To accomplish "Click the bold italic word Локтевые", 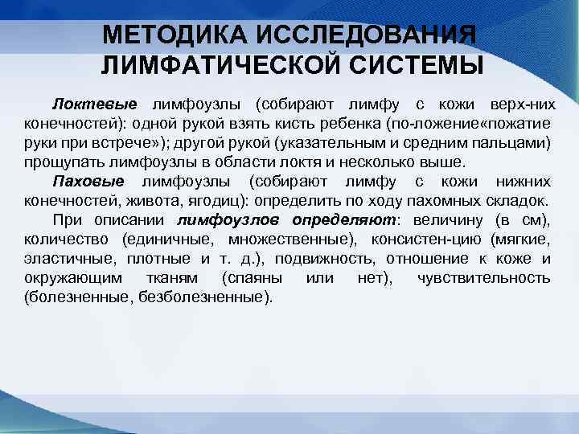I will coord(95,104).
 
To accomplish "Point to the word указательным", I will coord(340,143).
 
